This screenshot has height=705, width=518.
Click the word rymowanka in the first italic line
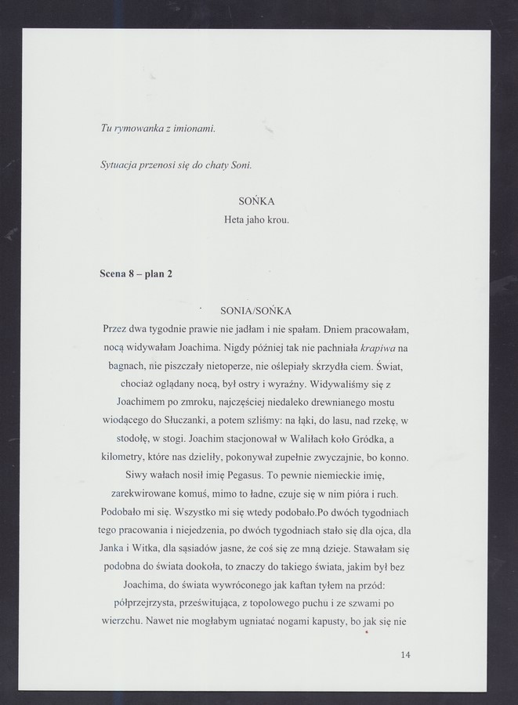coord(141,128)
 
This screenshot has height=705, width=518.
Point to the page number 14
coord(404,655)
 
